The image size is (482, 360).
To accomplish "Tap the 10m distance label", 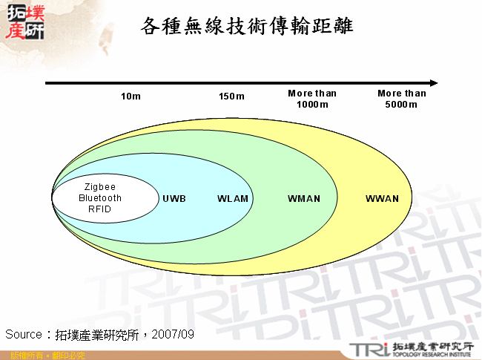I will coord(131,96).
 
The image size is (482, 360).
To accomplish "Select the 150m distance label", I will coord(231,96).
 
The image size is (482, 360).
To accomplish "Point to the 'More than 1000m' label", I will coord(312,99).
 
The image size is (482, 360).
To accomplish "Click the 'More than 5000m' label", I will coord(402,99).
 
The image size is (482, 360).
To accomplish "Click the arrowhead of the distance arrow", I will coord(433,82).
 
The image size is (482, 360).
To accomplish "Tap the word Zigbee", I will coord(100,187).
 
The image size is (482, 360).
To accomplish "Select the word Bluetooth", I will coord(100,198).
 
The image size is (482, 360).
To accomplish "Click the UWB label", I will coord(174,199).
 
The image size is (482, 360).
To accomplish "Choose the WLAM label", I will coord(233,199).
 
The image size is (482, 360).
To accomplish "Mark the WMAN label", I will coord(304,199).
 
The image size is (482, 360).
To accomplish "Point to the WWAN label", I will coord(382,199).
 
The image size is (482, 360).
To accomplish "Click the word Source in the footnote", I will coord(24,335).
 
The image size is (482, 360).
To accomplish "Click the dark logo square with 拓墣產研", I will coord(24,22).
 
